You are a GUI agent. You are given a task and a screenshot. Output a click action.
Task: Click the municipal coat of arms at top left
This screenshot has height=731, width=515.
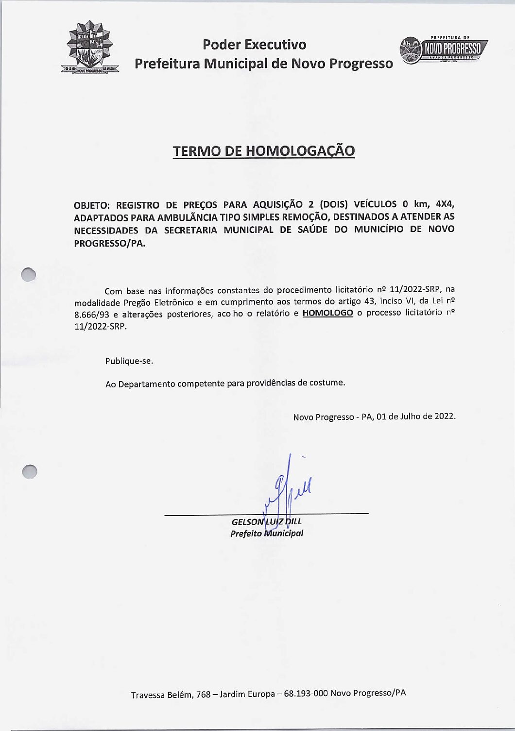(x=90, y=48)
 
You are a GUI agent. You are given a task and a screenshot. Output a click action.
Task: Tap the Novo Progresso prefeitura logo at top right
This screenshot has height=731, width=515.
(x=443, y=50)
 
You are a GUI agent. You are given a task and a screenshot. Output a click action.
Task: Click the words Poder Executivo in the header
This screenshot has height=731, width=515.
(x=255, y=45)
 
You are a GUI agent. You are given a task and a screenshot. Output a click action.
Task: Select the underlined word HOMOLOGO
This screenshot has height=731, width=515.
(x=327, y=313)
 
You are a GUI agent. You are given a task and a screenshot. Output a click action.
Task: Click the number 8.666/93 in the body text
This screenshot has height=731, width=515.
(x=92, y=314)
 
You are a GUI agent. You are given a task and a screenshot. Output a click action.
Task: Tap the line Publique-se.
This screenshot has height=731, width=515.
(x=129, y=361)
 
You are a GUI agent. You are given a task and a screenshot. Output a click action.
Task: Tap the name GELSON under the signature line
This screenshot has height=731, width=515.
(x=248, y=522)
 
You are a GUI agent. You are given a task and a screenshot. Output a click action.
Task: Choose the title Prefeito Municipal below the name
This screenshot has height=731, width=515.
(x=267, y=533)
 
